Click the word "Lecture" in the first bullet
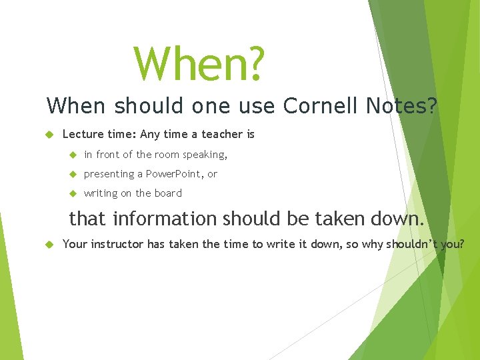point(82,134)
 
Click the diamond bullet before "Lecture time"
point(49,135)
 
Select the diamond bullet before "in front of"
point(73,155)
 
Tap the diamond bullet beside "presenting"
point(73,174)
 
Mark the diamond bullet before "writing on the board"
point(73,193)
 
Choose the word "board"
point(168,193)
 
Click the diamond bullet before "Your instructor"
point(49,245)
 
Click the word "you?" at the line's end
point(453,244)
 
